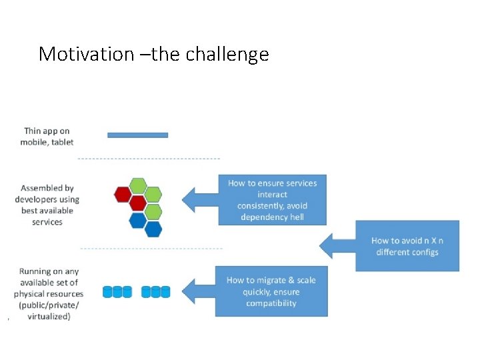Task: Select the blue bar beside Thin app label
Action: tap(137, 135)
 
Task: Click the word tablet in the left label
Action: tap(61, 142)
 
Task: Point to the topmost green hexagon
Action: tap(137, 185)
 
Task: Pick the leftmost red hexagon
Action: tap(122, 194)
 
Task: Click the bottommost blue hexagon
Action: tap(153, 229)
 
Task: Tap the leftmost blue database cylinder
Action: tap(108, 292)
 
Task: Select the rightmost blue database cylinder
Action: tap(165, 292)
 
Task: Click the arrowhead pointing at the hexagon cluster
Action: tap(191, 199)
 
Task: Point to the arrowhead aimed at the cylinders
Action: tap(191, 291)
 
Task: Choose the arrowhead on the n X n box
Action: tap(329, 245)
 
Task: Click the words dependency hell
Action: tap(272, 217)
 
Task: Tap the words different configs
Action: tap(407, 252)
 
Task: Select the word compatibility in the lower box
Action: tap(271, 303)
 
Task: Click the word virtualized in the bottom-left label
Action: tap(48, 317)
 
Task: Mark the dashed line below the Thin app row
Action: tap(149, 159)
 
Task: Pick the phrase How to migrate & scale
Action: tap(271, 280)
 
